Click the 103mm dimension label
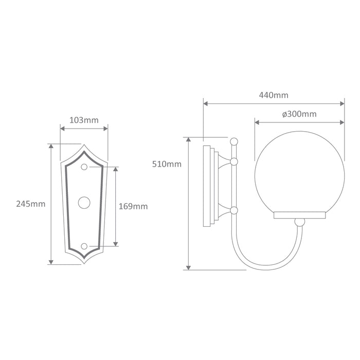pos(84,120)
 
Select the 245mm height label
pos(31,204)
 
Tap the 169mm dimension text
pos(133,206)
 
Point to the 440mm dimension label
pos(274,95)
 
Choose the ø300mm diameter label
pos(299,114)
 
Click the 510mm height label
pos(167,164)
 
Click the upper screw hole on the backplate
pos(84,167)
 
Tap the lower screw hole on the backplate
pos(84,246)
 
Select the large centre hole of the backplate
pos(84,203)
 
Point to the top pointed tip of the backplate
pos(84,145)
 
